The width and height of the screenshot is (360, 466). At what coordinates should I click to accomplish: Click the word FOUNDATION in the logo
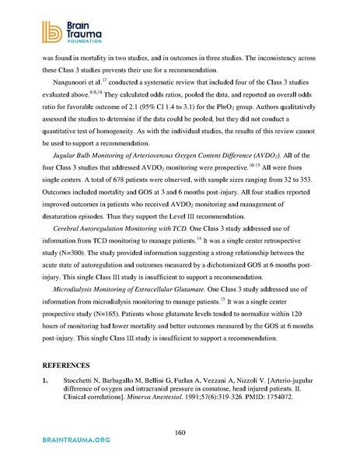tap(63, 42)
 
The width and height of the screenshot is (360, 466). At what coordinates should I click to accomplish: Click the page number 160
tap(179, 433)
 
